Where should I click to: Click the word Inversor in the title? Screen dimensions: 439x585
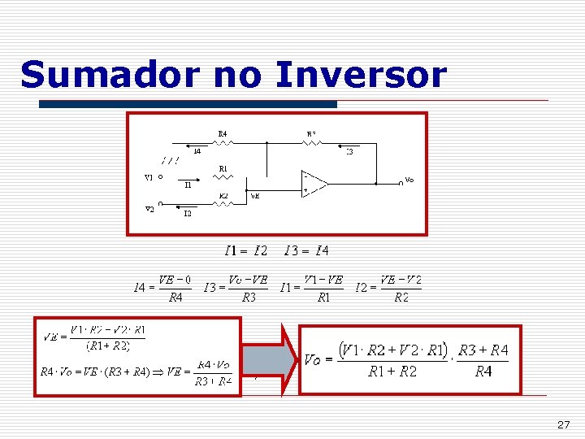pyautogui.click(x=362, y=75)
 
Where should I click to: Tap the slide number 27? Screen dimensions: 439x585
pyautogui.click(x=564, y=425)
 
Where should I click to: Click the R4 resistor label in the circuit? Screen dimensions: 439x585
pyautogui.click(x=223, y=133)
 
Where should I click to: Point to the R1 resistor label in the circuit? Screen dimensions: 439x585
pyautogui.click(x=223, y=168)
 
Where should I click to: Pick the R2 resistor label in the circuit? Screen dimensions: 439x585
pyautogui.click(x=223, y=196)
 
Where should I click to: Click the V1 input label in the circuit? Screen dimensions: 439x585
pyautogui.click(x=149, y=176)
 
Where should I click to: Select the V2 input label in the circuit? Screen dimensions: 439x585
pyautogui.click(x=149, y=208)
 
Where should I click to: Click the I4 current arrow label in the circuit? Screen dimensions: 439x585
pyautogui.click(x=197, y=150)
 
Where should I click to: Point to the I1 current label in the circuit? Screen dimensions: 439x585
pyautogui.click(x=188, y=185)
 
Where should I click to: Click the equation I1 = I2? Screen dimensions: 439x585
pyautogui.click(x=245, y=250)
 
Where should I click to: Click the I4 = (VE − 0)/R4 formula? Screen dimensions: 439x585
pyautogui.click(x=163, y=288)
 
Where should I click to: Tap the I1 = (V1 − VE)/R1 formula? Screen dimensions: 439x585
pyautogui.click(x=311, y=288)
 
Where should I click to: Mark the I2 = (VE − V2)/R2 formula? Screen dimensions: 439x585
pyautogui.click(x=389, y=288)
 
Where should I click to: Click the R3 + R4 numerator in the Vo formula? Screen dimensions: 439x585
pyautogui.click(x=483, y=350)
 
